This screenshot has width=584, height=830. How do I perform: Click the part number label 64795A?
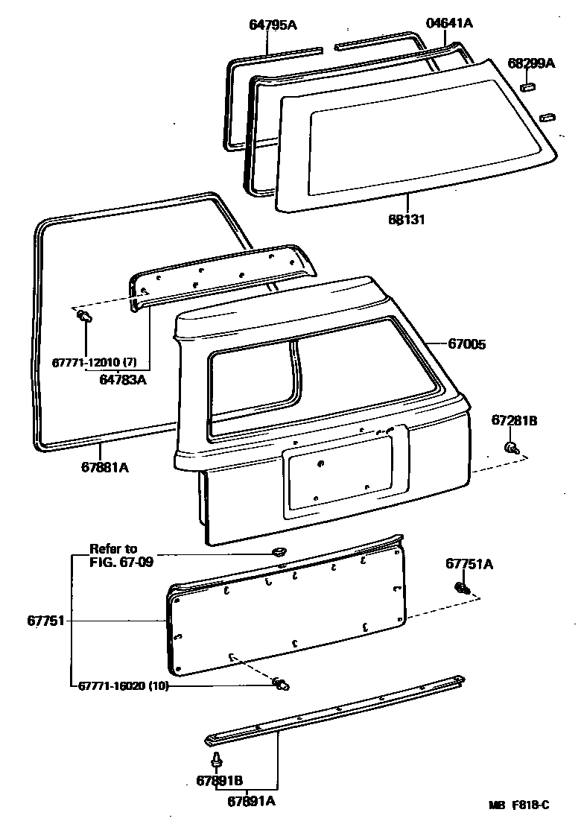(x=273, y=25)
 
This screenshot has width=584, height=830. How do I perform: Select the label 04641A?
(x=449, y=23)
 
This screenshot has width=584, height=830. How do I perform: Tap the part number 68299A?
(x=531, y=64)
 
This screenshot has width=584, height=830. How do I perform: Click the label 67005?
(x=467, y=344)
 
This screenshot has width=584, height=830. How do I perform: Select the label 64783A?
(x=123, y=379)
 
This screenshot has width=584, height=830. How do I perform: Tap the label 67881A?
(x=105, y=468)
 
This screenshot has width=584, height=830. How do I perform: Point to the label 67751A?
(x=469, y=564)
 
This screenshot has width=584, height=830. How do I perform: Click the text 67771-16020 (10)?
(x=121, y=686)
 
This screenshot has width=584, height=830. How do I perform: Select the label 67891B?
(x=220, y=781)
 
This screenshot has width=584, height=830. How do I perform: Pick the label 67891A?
(x=251, y=801)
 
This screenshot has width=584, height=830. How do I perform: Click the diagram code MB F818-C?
(x=518, y=805)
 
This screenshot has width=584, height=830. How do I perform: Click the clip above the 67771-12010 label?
(x=84, y=318)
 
